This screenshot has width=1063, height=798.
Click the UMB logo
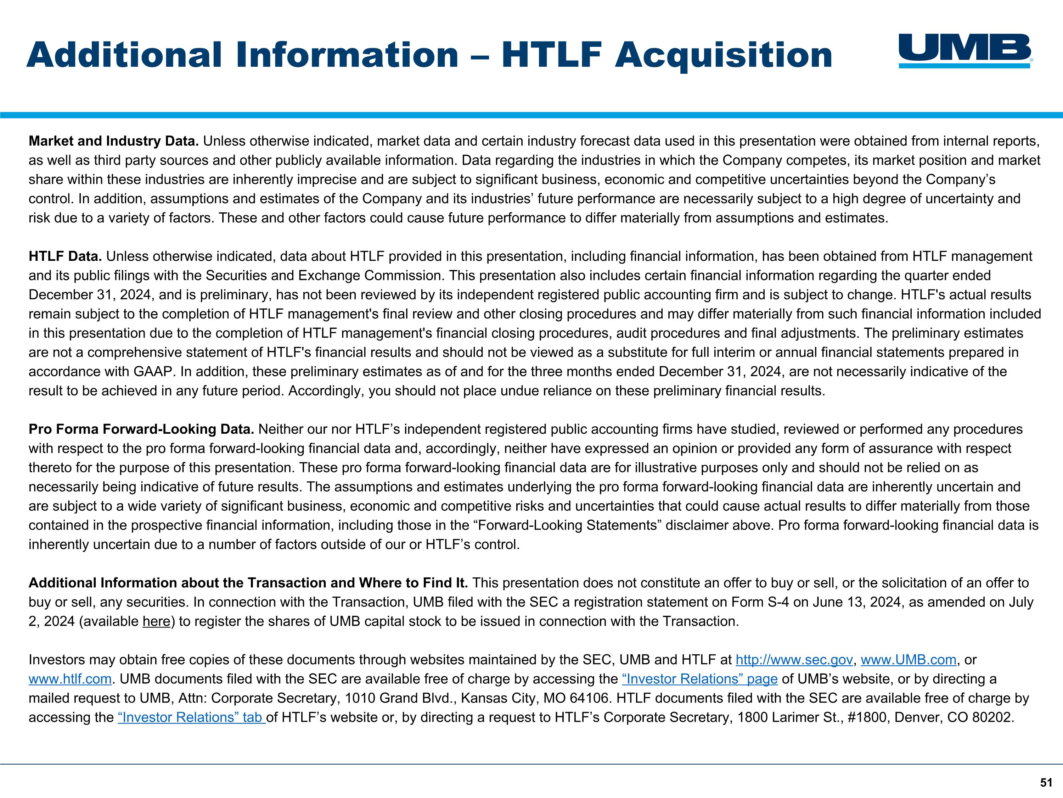click(x=965, y=50)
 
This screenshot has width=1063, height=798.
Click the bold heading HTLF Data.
click(x=65, y=256)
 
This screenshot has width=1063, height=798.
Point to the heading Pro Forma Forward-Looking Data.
click(x=141, y=429)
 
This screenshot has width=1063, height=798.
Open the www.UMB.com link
click(x=908, y=660)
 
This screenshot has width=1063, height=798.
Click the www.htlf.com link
click(x=70, y=679)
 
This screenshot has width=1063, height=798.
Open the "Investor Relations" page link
click(x=699, y=679)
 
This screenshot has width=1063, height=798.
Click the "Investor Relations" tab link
click(x=191, y=718)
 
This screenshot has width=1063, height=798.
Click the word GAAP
click(x=148, y=372)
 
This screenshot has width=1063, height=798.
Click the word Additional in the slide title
click(x=124, y=55)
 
